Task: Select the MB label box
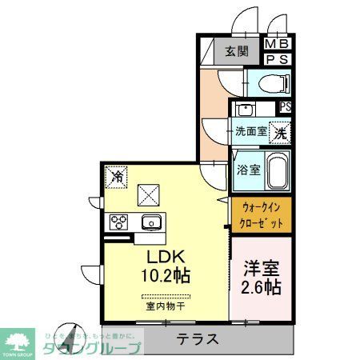coord(277,44)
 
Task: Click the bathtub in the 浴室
coord(277,170)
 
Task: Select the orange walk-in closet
coord(262,215)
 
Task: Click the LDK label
coord(166,257)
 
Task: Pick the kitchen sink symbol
coord(150,222)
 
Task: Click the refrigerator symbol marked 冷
coord(117,174)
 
